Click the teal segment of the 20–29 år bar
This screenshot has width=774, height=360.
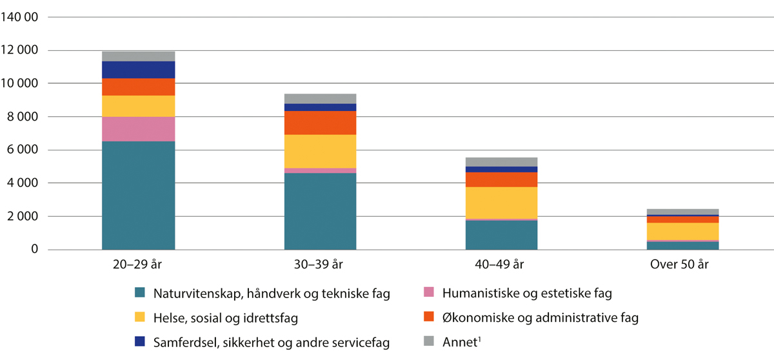138,195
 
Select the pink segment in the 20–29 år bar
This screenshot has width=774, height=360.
138,129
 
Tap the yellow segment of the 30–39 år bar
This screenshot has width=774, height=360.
320,151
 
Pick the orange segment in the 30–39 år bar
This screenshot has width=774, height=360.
320,123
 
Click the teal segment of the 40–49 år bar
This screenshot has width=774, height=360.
501,235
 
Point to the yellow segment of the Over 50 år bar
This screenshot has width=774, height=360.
682,231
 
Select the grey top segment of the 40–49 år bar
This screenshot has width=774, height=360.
501,162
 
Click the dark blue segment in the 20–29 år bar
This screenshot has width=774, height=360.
138,70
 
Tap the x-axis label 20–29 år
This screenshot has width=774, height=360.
138,265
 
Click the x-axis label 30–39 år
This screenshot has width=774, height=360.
320,265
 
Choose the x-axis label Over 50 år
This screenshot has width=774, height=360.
682,265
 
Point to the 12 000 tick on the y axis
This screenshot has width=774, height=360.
20,50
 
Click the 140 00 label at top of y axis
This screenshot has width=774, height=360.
20,17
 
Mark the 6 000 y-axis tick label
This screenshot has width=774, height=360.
23,150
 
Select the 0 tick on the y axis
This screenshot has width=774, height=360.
35,250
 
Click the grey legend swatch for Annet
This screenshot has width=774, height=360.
428,343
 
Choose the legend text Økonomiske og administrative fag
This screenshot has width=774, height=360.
541,318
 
